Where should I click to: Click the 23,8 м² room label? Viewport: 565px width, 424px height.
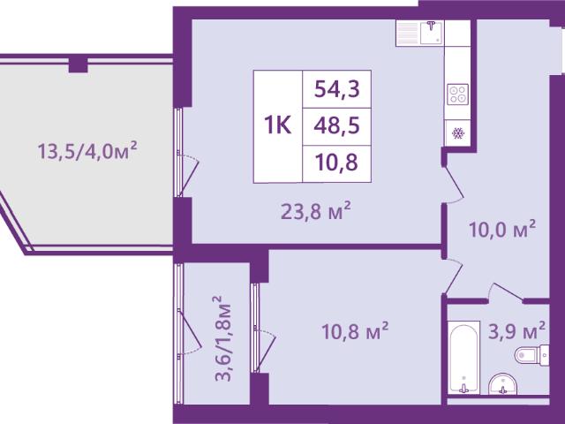pos(316,212)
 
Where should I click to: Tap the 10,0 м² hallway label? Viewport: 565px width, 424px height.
pos(502,230)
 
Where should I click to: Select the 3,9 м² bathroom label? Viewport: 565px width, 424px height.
pos(516,331)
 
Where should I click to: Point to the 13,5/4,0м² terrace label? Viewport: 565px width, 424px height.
pos(87,151)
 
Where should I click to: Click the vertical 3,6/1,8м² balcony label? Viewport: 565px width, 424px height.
pos(222,338)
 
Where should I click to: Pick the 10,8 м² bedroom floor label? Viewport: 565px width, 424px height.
pos(355,331)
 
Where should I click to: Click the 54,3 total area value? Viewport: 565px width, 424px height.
pos(337,89)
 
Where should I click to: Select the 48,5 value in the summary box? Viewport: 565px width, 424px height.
pos(337,125)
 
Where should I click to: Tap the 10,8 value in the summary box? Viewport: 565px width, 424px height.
pos(337,162)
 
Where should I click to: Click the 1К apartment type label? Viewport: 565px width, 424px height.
pos(278,125)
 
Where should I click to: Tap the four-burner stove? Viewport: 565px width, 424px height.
pos(457,95)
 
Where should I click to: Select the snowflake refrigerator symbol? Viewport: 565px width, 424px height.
pos(458,133)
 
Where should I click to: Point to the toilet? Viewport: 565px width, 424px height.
pos(531,355)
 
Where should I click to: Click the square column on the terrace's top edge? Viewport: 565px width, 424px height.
pos(79,64)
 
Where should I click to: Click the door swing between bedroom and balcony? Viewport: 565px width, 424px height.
pos(264,349)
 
